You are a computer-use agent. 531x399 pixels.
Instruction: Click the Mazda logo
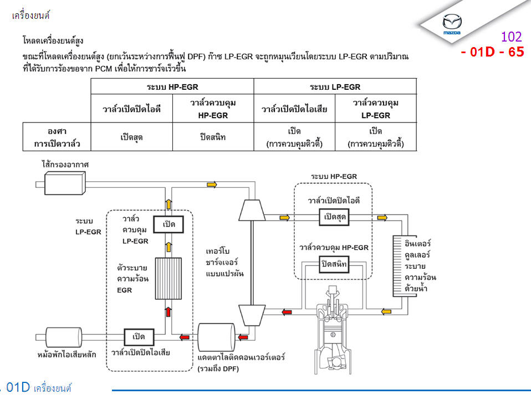coord(452,23)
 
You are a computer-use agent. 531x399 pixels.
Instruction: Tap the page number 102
coord(511,37)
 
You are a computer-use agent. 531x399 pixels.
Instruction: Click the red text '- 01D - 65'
coord(492,53)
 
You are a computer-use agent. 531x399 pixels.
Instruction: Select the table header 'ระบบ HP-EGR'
coord(172,86)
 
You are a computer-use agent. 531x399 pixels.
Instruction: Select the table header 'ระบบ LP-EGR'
coord(335,86)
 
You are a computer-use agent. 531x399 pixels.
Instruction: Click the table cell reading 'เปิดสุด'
coord(132,137)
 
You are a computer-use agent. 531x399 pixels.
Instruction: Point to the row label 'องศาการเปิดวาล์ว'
coord(57,137)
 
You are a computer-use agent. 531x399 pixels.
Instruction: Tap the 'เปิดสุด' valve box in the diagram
coord(334,217)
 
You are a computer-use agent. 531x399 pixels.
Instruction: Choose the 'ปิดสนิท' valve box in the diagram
coord(334,264)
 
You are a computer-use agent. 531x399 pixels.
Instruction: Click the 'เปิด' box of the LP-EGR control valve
coord(169,224)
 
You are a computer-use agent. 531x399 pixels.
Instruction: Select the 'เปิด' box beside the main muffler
coord(138,336)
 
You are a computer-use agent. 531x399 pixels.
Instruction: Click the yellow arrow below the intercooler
coord(384,312)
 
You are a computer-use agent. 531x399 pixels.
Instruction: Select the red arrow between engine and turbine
coord(287,312)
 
